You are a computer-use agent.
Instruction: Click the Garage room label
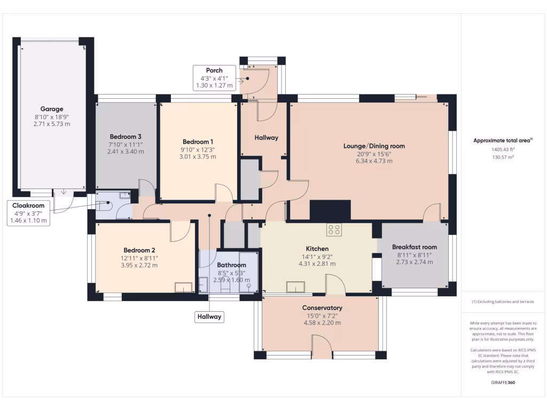coord(52,109)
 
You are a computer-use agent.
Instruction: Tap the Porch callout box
coord(214,78)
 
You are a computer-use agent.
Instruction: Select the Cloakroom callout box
coord(29,213)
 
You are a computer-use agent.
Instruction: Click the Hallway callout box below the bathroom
coord(209,317)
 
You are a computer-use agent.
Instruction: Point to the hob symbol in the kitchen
coord(334,230)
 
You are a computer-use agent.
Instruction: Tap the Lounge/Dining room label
coord(374,146)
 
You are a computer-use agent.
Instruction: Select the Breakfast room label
coord(414,247)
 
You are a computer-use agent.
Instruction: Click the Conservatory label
coord(322,308)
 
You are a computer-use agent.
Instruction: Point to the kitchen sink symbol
coord(295,287)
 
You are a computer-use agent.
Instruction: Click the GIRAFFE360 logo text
coord(503,383)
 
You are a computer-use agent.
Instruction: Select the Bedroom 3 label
coord(125,136)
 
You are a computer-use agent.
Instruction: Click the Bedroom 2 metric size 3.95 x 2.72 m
coord(139,265)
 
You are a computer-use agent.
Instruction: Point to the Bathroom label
coord(231,265)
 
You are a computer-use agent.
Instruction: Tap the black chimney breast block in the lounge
coord(330,210)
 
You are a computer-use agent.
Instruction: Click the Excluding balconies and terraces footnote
coord(503,302)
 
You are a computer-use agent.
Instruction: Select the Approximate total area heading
coord(502,140)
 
